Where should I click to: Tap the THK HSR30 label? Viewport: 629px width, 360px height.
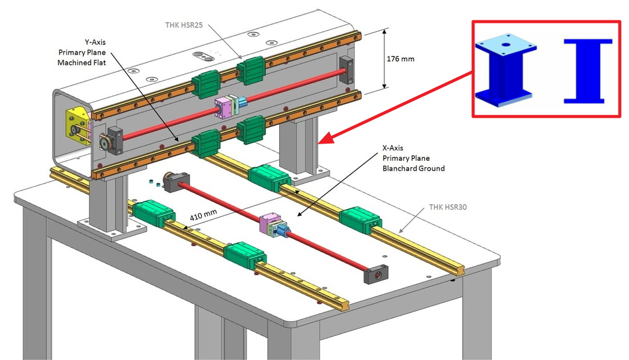click(448, 207)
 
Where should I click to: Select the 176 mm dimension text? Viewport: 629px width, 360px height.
click(401, 60)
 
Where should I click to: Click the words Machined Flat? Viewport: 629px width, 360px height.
click(76, 63)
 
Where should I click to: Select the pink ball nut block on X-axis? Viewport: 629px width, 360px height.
click(270, 225)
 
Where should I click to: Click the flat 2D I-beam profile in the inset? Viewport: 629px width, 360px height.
click(588, 70)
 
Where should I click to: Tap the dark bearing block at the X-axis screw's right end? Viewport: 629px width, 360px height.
click(375, 274)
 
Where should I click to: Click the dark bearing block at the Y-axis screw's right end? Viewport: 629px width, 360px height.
click(347, 69)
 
